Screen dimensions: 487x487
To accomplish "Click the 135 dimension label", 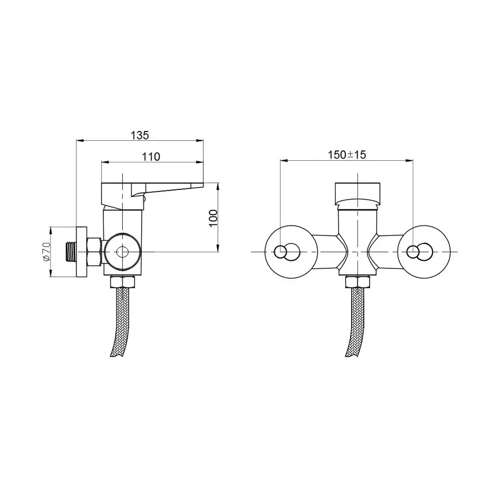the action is point(140,135).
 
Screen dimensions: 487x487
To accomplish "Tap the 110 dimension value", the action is point(151,156).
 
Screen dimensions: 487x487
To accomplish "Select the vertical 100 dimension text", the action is point(213,219).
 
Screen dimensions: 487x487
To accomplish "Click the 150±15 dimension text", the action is point(347,155).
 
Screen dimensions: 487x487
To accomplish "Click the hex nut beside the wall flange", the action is point(94,252).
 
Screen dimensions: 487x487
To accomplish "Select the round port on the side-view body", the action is point(122,252).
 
